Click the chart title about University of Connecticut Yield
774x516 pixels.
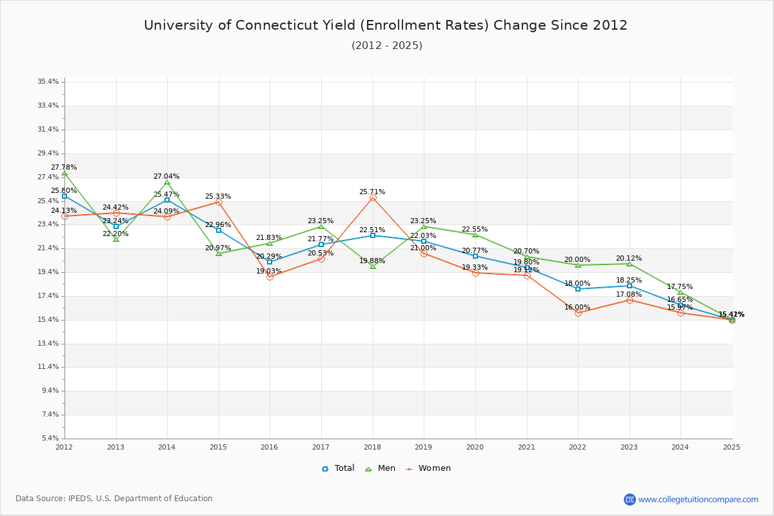pyautogui.click(x=386, y=25)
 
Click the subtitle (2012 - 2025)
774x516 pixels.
pyautogui.click(x=386, y=45)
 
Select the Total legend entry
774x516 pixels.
pyautogui.click(x=338, y=468)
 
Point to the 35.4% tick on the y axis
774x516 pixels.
pyautogui.click(x=48, y=82)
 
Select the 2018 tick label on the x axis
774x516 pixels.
pyautogui.click(x=372, y=446)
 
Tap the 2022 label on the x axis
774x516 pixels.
pyautogui.click(x=577, y=446)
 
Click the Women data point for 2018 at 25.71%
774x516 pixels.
pyautogui.click(x=373, y=198)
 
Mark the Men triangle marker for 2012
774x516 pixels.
pyautogui.click(x=64, y=174)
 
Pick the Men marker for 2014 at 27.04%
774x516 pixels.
pyautogui.click(x=167, y=183)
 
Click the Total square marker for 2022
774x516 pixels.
pyautogui.click(x=578, y=289)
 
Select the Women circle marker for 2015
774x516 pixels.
pyautogui.click(x=219, y=203)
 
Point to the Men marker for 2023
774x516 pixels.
pyautogui.click(x=630, y=264)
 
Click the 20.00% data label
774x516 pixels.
pyautogui.click(x=577, y=260)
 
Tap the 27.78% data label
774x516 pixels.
pyautogui.click(x=64, y=168)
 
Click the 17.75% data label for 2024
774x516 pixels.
pyautogui.click(x=680, y=287)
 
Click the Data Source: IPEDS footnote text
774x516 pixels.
pyautogui.click(x=114, y=499)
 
